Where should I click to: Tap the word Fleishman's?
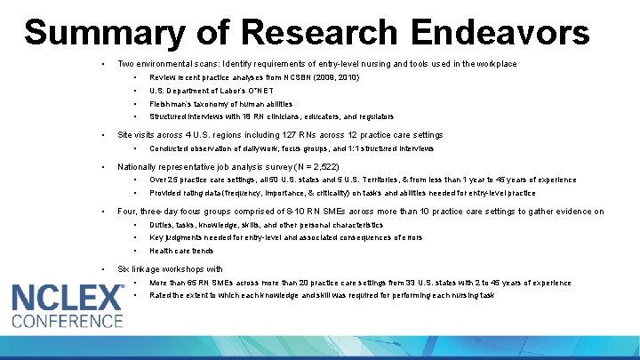tap(172, 104)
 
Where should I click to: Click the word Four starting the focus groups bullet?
tap(127, 212)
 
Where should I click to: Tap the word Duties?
tap(162, 225)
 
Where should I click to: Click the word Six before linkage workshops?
tap(124, 268)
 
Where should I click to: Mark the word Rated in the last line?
tap(161, 295)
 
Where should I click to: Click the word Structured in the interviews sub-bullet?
tap(169, 116)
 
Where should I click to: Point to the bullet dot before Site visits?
tap(105, 135)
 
